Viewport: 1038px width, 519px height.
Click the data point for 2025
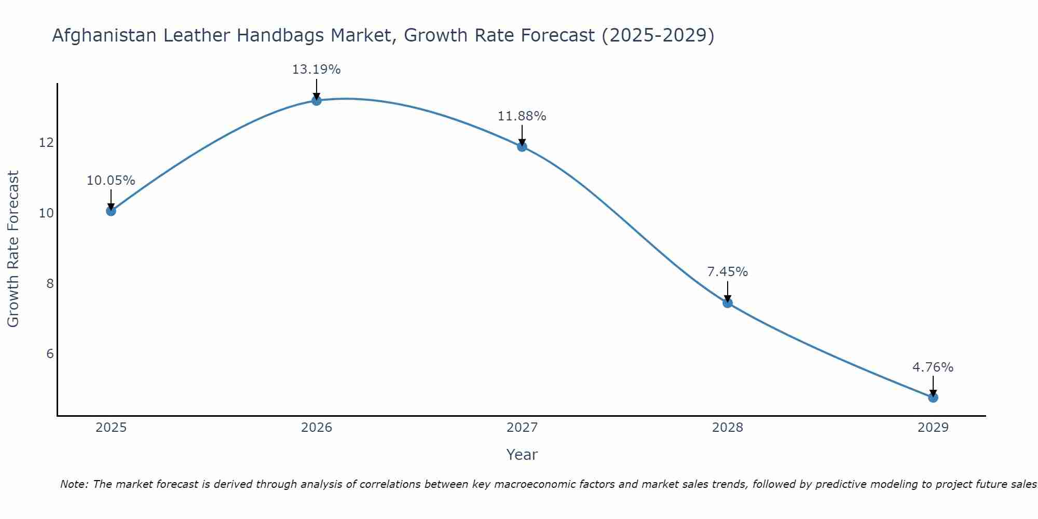click(111, 211)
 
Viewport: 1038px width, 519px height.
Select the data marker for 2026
click(317, 100)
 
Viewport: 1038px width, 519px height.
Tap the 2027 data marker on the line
click(522, 146)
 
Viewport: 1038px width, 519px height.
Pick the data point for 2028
click(728, 303)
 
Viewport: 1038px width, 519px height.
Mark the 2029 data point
click(933, 398)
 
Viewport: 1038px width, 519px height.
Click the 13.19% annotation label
click(316, 70)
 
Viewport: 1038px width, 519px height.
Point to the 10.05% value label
click(111, 181)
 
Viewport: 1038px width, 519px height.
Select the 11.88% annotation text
click(522, 116)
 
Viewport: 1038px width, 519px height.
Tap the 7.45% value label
click(727, 272)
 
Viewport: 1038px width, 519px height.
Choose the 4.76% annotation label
click(933, 367)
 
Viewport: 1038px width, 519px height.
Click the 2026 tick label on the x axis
click(317, 428)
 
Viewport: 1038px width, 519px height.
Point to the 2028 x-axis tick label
click(728, 428)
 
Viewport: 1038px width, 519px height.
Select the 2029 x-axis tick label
click(933, 428)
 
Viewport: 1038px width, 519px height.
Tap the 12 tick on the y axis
click(46, 143)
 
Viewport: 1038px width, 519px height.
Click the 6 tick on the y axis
click(50, 354)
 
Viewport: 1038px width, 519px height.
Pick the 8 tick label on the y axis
click(50, 283)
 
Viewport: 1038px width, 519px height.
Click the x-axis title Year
click(522, 455)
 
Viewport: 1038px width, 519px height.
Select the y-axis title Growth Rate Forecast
click(13, 249)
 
